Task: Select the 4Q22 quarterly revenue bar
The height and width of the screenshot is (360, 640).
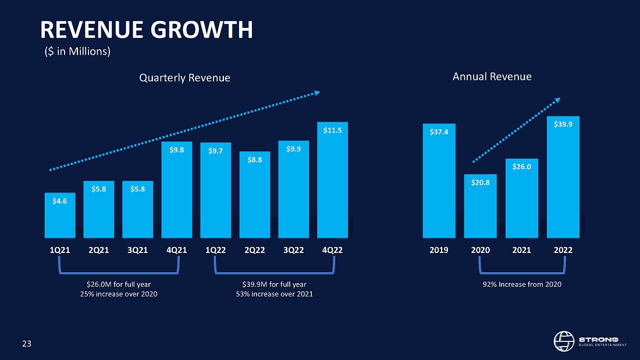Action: pos(332,186)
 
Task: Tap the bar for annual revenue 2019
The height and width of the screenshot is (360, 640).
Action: pos(439,186)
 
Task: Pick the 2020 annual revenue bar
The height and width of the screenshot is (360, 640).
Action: pos(480,209)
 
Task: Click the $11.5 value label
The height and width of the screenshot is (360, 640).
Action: pos(332,130)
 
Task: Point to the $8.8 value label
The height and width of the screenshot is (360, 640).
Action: pos(254,159)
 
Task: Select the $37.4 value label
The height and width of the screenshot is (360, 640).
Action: pos(439,132)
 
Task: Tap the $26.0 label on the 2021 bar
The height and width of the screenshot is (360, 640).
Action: pos(521,167)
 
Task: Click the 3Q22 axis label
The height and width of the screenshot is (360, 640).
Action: pos(293,250)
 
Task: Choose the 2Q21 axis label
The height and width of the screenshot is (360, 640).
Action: pos(99,250)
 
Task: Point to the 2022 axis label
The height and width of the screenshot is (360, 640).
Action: pos(563,250)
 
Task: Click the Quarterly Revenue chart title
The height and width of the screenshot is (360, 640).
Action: pos(184,77)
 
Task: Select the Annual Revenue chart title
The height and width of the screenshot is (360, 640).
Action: pos(492,76)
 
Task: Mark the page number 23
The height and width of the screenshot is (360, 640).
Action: pos(27,344)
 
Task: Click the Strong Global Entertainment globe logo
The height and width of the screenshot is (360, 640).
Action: pos(563,341)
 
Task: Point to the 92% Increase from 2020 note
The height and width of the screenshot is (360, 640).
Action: pos(521,284)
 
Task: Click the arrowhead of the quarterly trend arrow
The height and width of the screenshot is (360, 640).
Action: pos(318,92)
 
